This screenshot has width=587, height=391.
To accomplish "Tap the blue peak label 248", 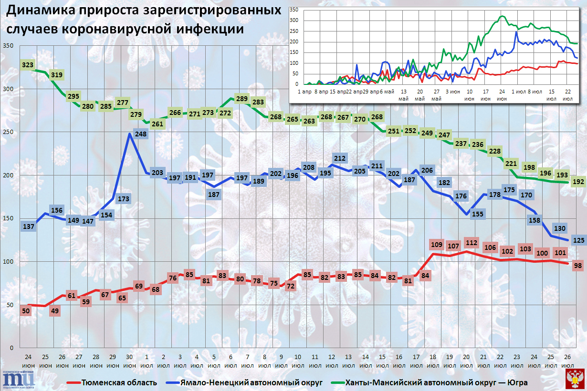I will pos(141,134).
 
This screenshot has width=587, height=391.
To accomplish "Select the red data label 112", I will pos(471,243).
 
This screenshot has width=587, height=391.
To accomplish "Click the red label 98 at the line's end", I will pos(578,265).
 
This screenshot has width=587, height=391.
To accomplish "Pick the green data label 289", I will pos(242,99).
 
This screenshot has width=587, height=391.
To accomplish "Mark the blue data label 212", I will pos(340,158).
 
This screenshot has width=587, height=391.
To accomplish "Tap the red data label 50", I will pos(26,311).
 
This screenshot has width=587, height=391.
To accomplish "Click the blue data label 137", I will pos(29,226).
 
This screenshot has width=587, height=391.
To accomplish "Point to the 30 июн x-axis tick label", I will pos(129,360).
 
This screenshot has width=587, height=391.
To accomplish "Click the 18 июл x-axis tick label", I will pos(433,360).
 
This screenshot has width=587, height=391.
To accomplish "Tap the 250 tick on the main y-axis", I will pos(9,132).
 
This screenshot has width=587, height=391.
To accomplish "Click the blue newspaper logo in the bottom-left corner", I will pos(18,378).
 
